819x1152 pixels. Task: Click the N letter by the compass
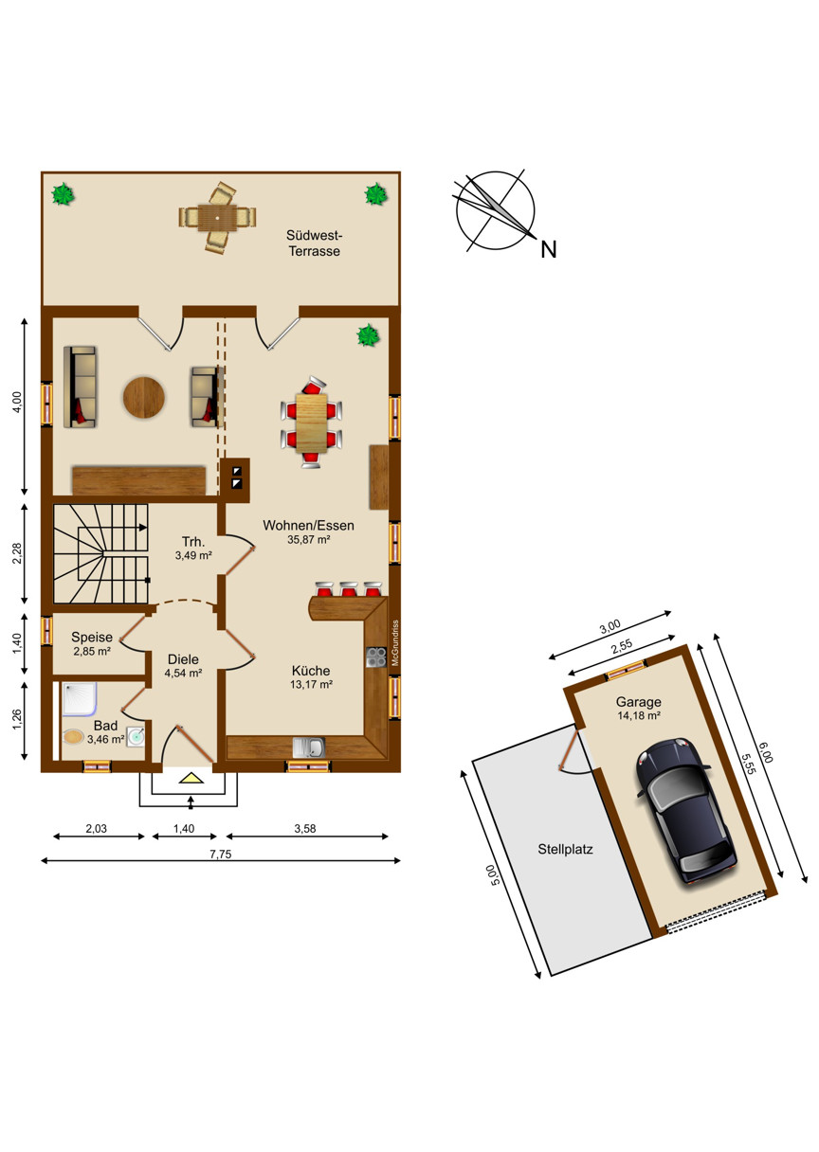549,250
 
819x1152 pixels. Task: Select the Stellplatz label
565,849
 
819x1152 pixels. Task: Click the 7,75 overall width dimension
221,855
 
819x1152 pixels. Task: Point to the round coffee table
144,398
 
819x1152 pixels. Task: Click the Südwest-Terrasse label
315,243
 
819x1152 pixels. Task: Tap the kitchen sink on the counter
309,747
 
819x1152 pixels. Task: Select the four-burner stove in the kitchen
376,657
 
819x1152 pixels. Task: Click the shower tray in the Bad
80,699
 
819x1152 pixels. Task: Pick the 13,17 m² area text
311,685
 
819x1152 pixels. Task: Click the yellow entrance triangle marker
191,778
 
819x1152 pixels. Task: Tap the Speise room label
92,637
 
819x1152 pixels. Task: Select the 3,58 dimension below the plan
305,829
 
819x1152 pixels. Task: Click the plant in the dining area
369,335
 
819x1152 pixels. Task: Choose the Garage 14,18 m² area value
639,715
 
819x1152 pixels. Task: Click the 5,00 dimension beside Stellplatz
493,874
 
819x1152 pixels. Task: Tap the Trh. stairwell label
193,542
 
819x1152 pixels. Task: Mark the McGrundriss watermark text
395,643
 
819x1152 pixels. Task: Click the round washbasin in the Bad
136,736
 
